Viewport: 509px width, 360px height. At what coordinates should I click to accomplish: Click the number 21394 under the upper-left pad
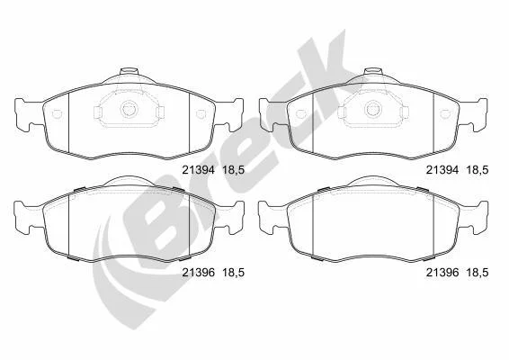pos(198,170)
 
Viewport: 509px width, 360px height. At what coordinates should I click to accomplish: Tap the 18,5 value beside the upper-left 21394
pos(233,170)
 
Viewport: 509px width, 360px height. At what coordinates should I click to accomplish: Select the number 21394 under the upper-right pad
pos(442,170)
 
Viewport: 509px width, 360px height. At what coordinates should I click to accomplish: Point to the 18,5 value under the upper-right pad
pos(478,170)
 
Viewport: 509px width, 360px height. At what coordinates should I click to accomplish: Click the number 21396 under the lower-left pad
pos(199,273)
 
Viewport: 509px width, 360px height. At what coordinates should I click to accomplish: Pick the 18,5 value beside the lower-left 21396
pos(233,273)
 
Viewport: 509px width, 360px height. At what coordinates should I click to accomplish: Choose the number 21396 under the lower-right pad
pos(442,273)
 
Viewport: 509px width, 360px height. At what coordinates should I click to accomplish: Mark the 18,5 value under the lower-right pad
pos(478,273)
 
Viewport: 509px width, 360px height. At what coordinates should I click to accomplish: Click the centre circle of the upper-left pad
pos(129,109)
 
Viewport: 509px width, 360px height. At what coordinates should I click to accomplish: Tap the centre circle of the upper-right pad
pos(373,109)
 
